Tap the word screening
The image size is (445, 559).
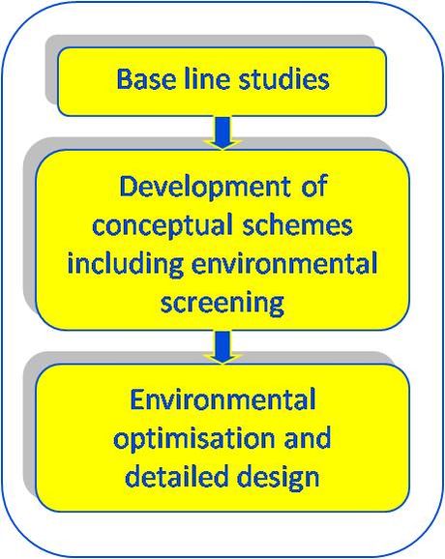(222, 303)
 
